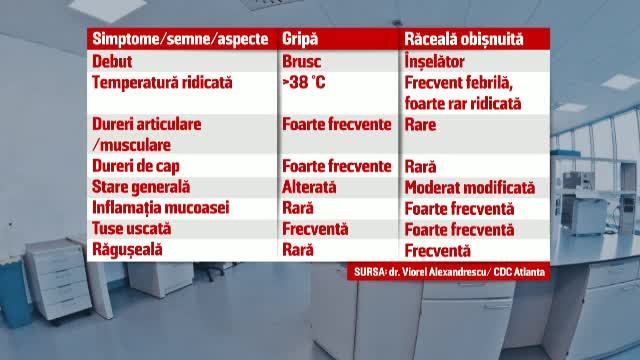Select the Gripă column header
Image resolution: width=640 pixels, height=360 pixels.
pos(300,40)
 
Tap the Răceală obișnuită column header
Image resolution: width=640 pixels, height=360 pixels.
pos(462,40)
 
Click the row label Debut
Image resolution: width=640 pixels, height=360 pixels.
pos(113,61)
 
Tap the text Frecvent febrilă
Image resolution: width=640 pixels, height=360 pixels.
pos(458,82)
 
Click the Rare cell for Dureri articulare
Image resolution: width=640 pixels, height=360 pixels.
pos(421,125)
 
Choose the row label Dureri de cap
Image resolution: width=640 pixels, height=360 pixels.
pos(139,166)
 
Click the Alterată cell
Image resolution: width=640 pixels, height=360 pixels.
pos(311,187)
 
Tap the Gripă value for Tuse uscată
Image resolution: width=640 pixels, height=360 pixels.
pos(316,229)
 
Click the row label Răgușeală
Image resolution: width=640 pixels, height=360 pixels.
pos(126,250)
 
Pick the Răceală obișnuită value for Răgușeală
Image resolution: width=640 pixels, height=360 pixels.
pos(437,250)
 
